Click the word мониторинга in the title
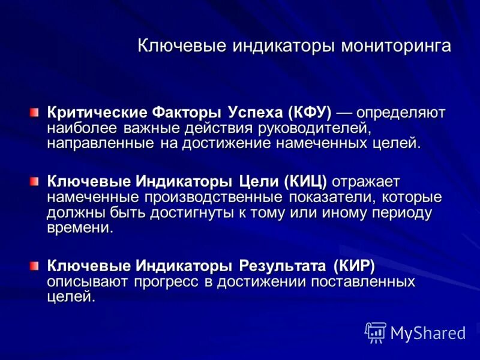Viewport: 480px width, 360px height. coord(396,46)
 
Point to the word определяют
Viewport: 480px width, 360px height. coord(400,112)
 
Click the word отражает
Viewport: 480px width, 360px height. coord(367,181)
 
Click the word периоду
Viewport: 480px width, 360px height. coord(400,212)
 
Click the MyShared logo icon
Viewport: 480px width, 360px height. coord(375,332)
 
